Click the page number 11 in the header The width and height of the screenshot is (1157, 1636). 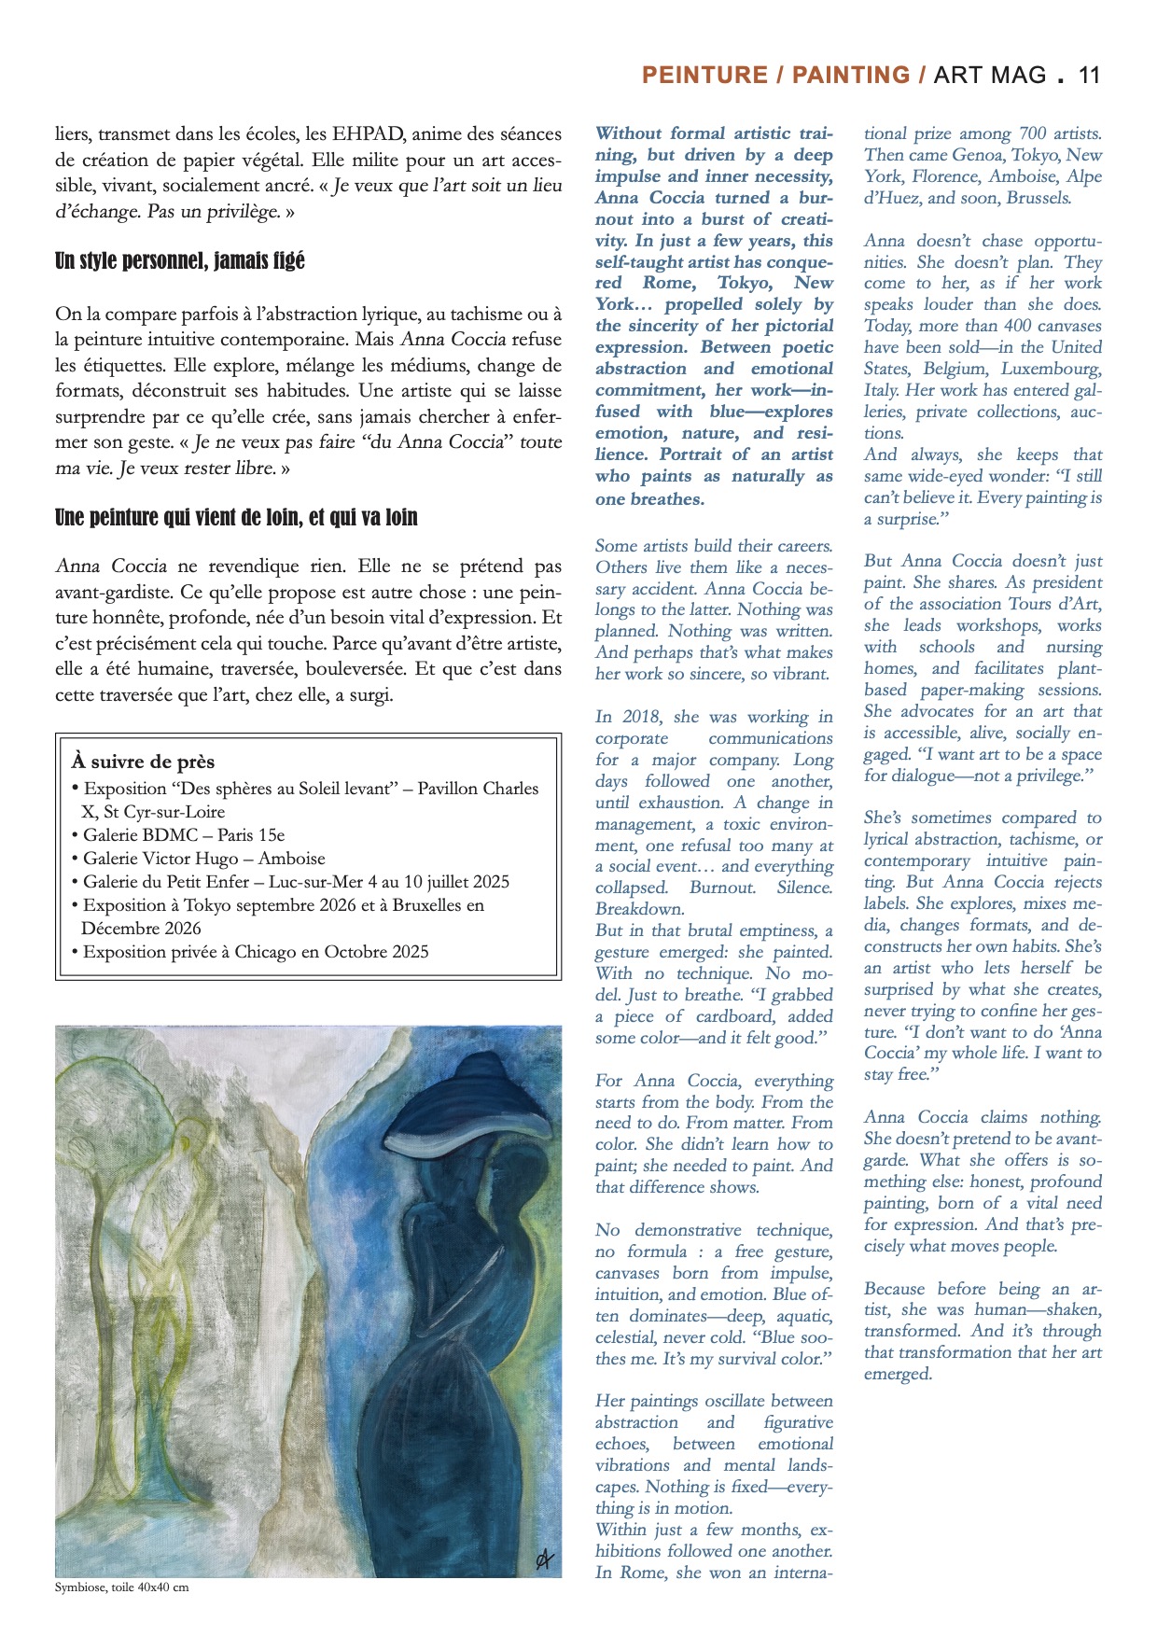tap(1089, 76)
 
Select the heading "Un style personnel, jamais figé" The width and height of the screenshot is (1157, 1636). tap(180, 261)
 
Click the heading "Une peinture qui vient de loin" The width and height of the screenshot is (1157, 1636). tap(236, 517)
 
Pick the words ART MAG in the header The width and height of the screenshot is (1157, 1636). tap(990, 76)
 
